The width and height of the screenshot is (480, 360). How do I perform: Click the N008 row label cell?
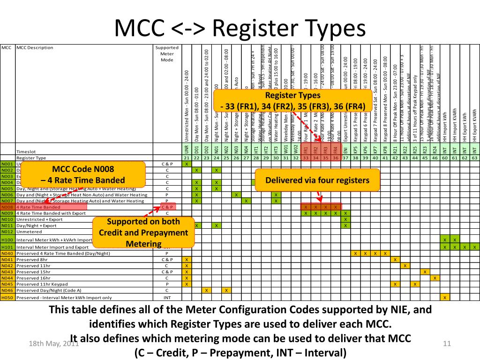tap(7, 207)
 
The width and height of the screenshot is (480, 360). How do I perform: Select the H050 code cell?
tap(7, 297)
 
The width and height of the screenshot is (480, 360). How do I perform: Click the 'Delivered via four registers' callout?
tap(317, 180)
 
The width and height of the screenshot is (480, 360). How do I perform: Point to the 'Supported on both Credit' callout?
tap(143, 232)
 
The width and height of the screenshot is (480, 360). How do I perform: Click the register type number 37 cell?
tap(345, 158)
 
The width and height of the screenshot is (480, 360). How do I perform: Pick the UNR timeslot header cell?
tap(186, 150)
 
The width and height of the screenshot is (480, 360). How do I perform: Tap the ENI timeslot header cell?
tap(345, 150)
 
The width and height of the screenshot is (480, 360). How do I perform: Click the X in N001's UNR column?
tap(186, 164)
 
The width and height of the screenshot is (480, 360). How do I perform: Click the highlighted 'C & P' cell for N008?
tap(167, 207)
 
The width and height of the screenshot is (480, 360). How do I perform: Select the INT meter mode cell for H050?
tap(167, 297)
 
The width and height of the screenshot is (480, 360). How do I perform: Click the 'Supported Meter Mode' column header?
tap(167, 53)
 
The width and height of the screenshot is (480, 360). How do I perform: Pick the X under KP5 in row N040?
tap(355, 253)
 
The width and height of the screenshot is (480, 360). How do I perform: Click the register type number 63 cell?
tap(474, 158)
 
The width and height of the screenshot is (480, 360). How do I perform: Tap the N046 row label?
tap(7, 291)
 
